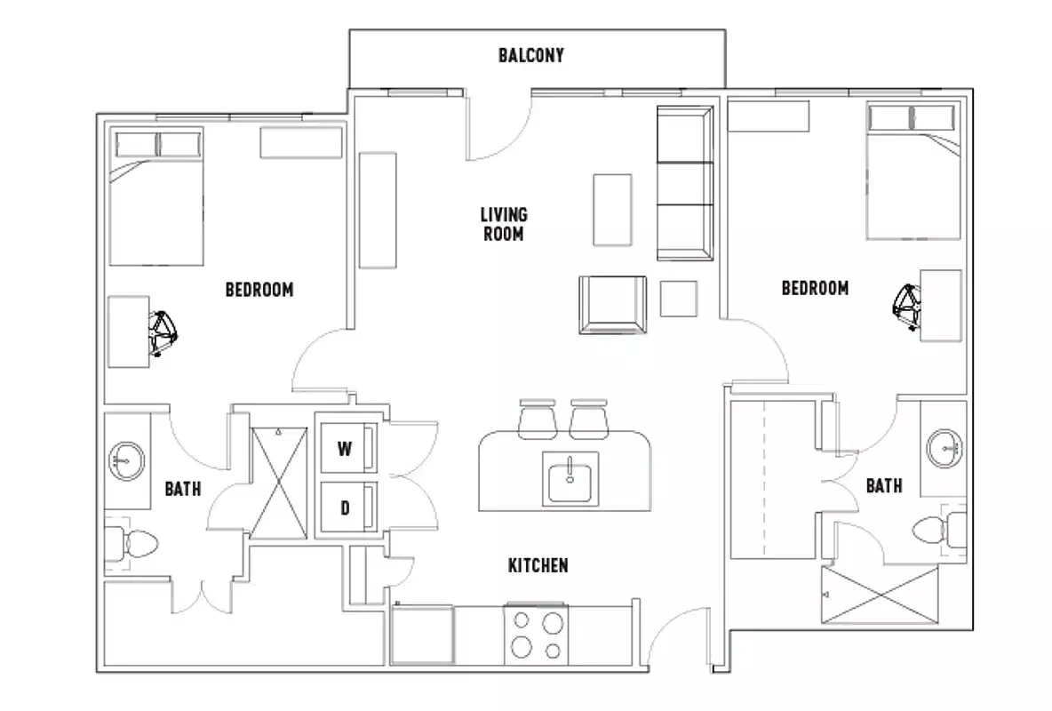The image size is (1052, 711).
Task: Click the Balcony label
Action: tap(530, 56)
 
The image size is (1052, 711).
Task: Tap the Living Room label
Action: tap(503, 224)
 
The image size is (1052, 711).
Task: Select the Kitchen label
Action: tap(538, 565)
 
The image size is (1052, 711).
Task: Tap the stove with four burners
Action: tap(537, 633)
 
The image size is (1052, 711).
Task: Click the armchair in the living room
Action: tap(612, 304)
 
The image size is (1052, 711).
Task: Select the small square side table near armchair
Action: tap(680, 299)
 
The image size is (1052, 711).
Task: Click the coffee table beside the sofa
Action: tap(613, 210)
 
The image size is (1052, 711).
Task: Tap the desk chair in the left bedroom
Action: tap(164, 332)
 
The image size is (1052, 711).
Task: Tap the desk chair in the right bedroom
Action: tap(906, 305)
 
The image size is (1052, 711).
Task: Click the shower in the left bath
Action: tap(278, 483)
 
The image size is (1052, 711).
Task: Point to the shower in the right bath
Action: tap(880, 595)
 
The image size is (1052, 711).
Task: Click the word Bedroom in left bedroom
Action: tap(259, 290)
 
